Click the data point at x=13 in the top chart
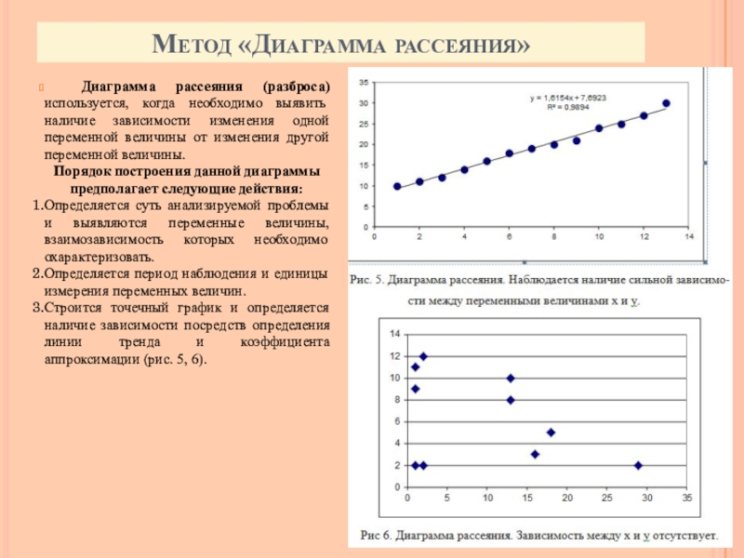[x=666, y=103]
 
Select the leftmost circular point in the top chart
[x=397, y=186]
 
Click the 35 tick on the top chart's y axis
[x=363, y=82]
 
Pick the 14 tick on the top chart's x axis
[x=689, y=237]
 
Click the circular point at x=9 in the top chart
[x=577, y=140]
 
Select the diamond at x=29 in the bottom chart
[x=638, y=465]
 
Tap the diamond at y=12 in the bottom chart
[x=423, y=356]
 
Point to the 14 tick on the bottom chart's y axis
[x=394, y=334]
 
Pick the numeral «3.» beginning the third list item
[x=37, y=306]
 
